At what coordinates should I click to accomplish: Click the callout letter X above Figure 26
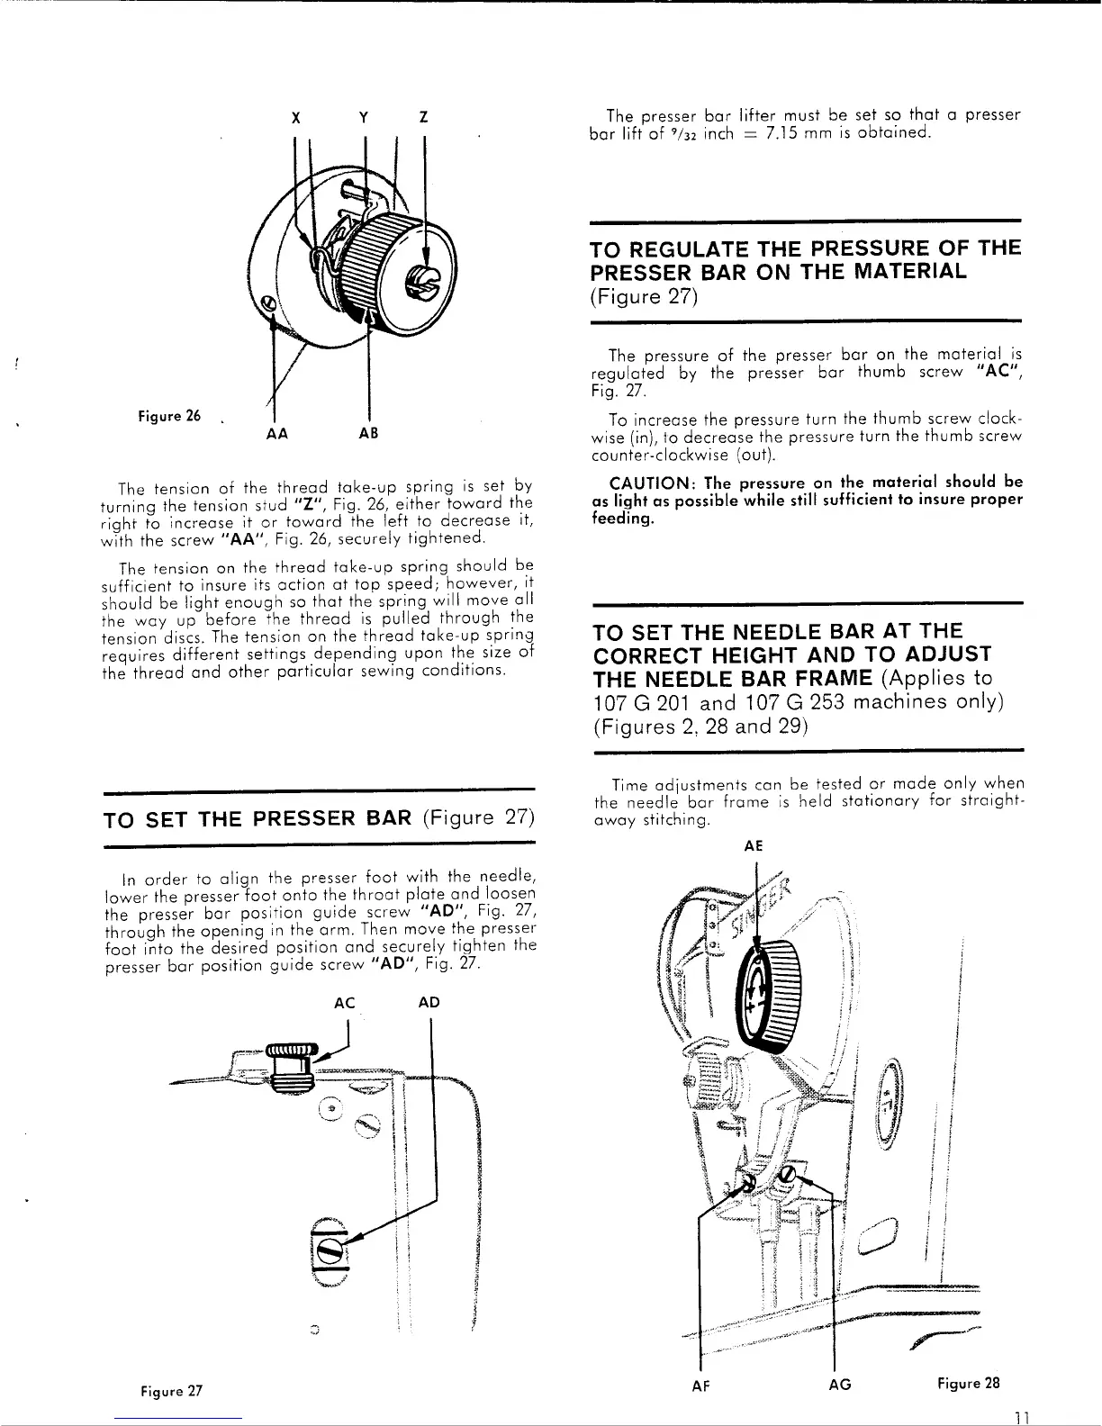point(296,118)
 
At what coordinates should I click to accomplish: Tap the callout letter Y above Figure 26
point(362,118)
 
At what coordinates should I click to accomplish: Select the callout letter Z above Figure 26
point(423,118)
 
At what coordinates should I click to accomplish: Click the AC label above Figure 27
point(344,1003)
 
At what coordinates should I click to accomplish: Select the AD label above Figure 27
point(429,1003)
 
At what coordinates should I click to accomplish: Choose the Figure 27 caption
point(169,1391)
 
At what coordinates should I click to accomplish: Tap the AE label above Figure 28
point(754,846)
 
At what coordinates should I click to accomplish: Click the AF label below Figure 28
point(702,1386)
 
